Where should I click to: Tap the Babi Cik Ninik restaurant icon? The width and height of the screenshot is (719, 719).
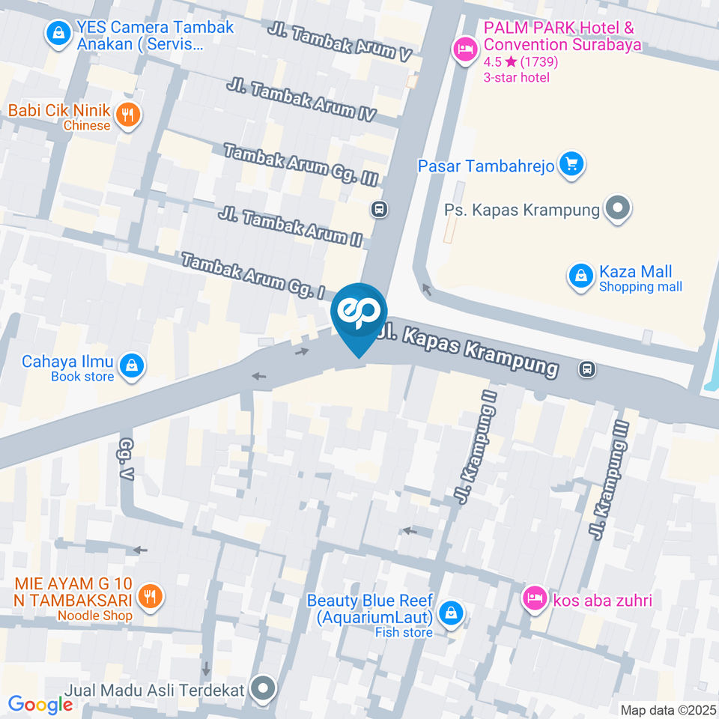(129, 115)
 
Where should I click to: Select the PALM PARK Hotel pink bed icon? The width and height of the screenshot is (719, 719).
(465, 49)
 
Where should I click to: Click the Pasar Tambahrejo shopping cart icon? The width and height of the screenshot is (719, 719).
(573, 164)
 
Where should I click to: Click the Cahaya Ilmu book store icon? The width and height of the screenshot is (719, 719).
(132, 365)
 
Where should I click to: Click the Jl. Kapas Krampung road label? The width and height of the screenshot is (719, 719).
(469, 349)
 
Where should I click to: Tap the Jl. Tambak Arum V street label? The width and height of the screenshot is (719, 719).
(341, 43)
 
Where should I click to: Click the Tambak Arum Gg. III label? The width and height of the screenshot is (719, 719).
(300, 164)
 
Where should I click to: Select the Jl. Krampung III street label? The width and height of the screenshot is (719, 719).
(609, 479)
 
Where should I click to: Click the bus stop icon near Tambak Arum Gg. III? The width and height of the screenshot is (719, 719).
(380, 209)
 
